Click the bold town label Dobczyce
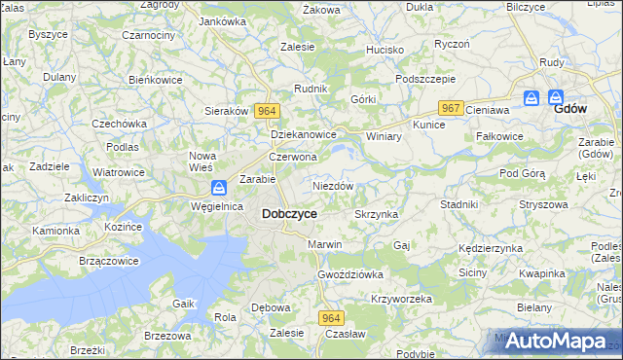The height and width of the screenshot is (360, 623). [288, 213]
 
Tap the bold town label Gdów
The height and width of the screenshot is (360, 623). [569, 109]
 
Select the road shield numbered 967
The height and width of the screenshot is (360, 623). [449, 107]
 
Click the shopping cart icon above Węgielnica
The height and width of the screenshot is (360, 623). [220, 187]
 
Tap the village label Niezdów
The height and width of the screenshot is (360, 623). [333, 185]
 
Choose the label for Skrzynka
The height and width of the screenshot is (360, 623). [377, 214]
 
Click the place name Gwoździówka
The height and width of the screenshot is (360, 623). [349, 274]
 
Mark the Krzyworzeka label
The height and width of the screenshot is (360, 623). [401, 299]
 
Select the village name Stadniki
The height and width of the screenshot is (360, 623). [458, 204]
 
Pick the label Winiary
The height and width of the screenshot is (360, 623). [384, 136]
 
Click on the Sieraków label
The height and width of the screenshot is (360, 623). [227, 111]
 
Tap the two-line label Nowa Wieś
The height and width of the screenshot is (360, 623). [202, 162]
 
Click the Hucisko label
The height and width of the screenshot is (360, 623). [385, 49]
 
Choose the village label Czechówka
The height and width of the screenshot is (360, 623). [119, 124]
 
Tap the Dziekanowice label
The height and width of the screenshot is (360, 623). [304, 135]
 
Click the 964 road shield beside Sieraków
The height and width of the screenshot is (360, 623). [267, 111]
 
